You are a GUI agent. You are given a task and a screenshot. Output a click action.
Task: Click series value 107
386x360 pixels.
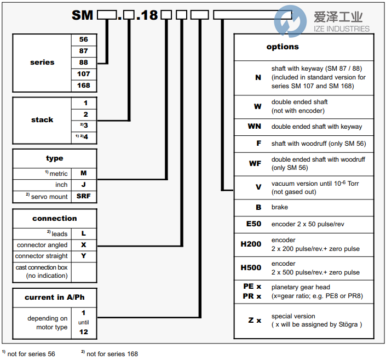83,74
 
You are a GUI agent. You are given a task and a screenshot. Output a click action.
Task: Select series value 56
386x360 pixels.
83,39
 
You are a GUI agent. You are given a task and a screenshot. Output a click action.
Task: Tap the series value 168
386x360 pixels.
83,85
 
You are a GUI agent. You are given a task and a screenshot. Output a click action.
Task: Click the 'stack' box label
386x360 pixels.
42,119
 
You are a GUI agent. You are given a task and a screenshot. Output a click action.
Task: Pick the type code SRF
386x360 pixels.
84,196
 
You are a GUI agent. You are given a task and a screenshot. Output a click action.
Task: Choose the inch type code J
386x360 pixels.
84,185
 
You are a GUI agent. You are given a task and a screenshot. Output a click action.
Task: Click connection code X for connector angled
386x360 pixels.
84,245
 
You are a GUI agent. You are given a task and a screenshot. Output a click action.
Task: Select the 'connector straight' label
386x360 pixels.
42,256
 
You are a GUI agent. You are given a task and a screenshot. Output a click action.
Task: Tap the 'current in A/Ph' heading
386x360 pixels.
54,298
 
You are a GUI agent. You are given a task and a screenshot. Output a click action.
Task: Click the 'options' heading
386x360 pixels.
283,47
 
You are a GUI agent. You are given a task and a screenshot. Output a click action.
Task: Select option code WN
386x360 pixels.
255,127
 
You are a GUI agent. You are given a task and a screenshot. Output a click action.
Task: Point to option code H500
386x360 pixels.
251,268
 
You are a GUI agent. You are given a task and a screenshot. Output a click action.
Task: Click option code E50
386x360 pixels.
254,224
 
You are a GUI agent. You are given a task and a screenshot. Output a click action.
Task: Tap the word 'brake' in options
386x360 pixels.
280,207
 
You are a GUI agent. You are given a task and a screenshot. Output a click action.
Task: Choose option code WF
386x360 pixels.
255,163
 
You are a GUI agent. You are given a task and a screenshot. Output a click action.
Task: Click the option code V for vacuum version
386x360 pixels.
258,187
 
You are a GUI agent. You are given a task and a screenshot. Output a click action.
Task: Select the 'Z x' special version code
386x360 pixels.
255,320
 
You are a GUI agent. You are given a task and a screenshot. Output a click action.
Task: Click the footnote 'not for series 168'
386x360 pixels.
109,353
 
